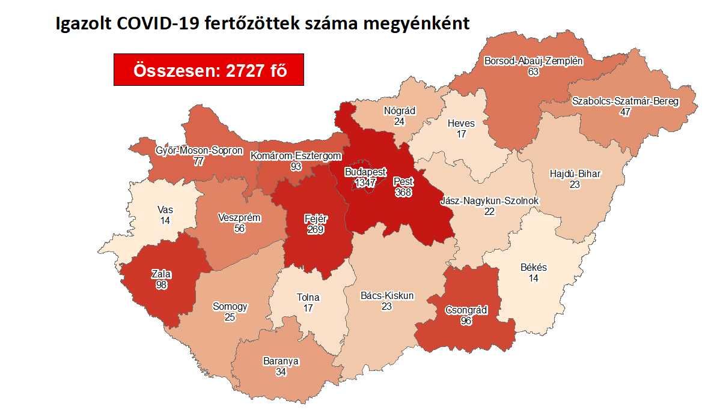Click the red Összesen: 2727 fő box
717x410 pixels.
click(209, 70)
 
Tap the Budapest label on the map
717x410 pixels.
click(365, 172)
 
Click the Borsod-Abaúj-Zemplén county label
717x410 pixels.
click(534, 61)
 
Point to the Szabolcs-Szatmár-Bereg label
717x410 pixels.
click(625, 101)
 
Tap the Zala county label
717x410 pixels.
click(161, 274)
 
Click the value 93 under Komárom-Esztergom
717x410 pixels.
click(295, 166)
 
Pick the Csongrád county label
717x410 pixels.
click(466, 310)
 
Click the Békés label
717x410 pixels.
click(534, 268)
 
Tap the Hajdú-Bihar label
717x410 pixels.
click(575, 174)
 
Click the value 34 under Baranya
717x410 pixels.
click(281, 372)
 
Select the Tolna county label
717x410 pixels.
click(308, 297)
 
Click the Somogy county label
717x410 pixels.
click(230, 306)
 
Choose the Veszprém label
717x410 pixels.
click(240, 217)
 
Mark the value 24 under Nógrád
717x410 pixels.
click(399, 121)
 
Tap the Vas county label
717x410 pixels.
click(165, 210)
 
